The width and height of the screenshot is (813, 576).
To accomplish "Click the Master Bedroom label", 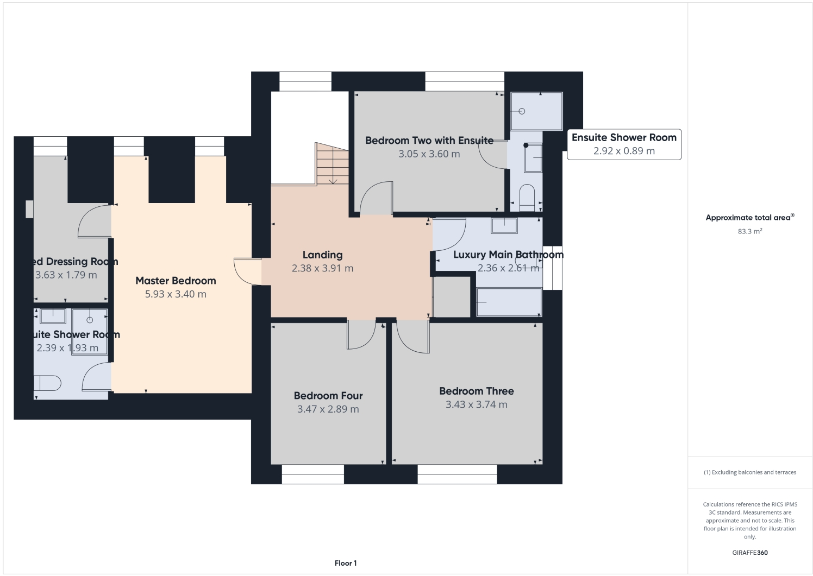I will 176,281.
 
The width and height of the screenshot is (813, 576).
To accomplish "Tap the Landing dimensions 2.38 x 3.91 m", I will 322,268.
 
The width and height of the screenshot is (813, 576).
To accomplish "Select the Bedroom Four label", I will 328,396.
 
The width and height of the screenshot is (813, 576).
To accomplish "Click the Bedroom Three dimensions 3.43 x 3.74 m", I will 476,404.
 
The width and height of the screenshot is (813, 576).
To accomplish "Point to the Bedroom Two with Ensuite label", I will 429,141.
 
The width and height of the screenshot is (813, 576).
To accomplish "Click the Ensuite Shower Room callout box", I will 624,144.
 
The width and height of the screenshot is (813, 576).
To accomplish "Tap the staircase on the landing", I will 332,163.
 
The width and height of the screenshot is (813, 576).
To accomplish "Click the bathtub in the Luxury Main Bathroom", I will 509,302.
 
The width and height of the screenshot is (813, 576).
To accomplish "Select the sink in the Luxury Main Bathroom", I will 504,225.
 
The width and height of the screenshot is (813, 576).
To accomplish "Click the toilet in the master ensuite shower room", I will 47,383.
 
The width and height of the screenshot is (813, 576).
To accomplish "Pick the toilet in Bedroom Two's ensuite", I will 527,198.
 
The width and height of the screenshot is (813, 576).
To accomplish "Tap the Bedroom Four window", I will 312,474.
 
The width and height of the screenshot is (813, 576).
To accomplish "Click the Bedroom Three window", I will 457,474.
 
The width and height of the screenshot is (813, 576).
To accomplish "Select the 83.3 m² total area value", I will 749,231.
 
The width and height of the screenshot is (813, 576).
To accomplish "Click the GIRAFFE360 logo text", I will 749,553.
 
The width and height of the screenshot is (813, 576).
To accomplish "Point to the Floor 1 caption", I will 346,564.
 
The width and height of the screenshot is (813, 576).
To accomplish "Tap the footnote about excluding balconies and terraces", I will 749,472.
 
